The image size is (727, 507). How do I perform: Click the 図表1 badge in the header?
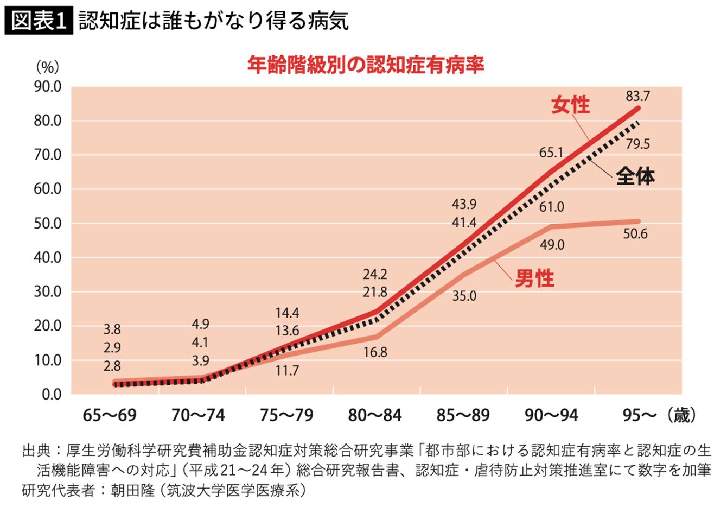39,20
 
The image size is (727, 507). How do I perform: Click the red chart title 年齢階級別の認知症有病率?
366,65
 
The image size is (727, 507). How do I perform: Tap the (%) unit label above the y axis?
48,67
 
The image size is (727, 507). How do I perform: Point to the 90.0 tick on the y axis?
47,87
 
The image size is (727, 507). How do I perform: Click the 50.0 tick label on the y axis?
47,224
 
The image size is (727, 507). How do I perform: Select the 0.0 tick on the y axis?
52,395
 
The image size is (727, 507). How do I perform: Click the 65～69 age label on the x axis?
110,415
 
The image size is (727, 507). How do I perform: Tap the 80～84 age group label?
375,415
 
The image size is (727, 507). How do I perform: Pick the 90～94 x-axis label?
551,415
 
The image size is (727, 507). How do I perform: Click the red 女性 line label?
570,105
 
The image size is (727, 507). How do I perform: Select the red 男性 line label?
534,278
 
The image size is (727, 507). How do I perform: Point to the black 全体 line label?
635,176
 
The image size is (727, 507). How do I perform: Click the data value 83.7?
637,97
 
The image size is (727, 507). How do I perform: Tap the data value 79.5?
637,144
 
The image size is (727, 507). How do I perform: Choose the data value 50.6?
635,234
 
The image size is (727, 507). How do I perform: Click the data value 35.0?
464,296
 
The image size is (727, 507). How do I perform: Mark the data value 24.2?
375,275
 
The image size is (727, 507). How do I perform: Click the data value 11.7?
287,371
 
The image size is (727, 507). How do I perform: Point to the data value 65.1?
551,153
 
